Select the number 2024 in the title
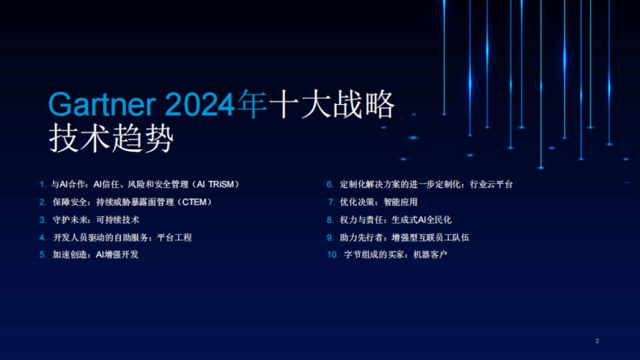coord(201,105)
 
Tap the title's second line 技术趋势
coord(111,140)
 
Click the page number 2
coord(597,341)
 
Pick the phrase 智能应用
coord(401,202)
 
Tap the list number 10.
coord(333,255)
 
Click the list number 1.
coord(43,185)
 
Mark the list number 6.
coord(330,185)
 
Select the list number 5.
coord(43,255)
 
